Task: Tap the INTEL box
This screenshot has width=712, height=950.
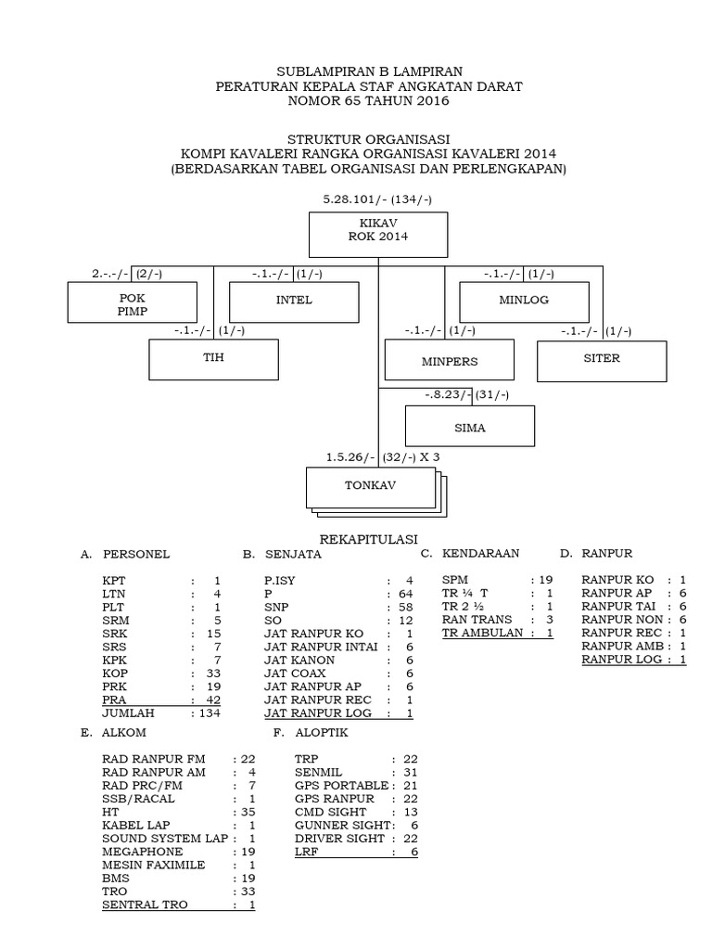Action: point(294,301)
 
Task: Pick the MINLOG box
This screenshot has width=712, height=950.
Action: point(525,301)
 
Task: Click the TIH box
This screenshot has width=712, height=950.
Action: point(214,359)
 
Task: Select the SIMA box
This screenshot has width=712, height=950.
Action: point(470,428)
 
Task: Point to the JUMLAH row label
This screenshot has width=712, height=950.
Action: point(128,713)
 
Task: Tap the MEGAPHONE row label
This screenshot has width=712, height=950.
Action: point(143,851)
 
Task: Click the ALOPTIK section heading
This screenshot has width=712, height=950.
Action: point(322,733)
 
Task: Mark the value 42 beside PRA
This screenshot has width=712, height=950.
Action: point(213,700)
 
